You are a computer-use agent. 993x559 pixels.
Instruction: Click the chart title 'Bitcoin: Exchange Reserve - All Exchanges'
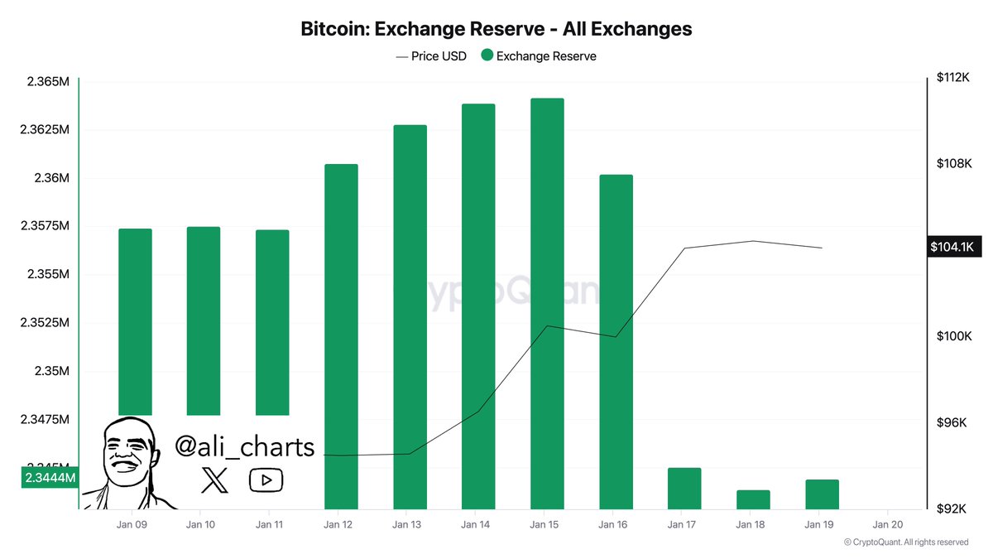click(496, 29)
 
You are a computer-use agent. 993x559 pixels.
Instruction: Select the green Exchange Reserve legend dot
click(487, 55)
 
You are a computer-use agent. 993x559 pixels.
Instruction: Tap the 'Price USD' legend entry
click(431, 56)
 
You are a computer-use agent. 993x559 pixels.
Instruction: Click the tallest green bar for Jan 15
click(547, 303)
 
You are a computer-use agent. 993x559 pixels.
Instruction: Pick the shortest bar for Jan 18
click(753, 499)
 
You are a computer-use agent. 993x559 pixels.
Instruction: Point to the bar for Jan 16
click(616, 341)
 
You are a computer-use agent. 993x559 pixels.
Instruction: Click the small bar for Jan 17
click(684, 488)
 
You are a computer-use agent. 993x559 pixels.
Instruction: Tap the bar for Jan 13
click(410, 316)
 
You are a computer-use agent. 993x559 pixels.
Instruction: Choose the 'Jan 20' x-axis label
click(887, 524)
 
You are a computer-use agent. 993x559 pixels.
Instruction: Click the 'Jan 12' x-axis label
click(340, 524)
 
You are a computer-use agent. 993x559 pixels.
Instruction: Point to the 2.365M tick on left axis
click(46, 82)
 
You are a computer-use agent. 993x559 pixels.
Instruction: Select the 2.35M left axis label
click(51, 371)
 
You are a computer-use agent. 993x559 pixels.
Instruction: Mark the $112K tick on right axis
click(952, 77)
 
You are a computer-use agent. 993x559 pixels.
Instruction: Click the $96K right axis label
click(952, 423)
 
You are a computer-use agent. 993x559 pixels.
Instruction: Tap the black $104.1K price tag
click(956, 247)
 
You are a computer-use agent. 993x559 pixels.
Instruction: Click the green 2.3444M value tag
click(50, 478)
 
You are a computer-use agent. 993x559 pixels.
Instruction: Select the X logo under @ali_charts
click(214, 479)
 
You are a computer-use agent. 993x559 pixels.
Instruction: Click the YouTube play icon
click(266, 479)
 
